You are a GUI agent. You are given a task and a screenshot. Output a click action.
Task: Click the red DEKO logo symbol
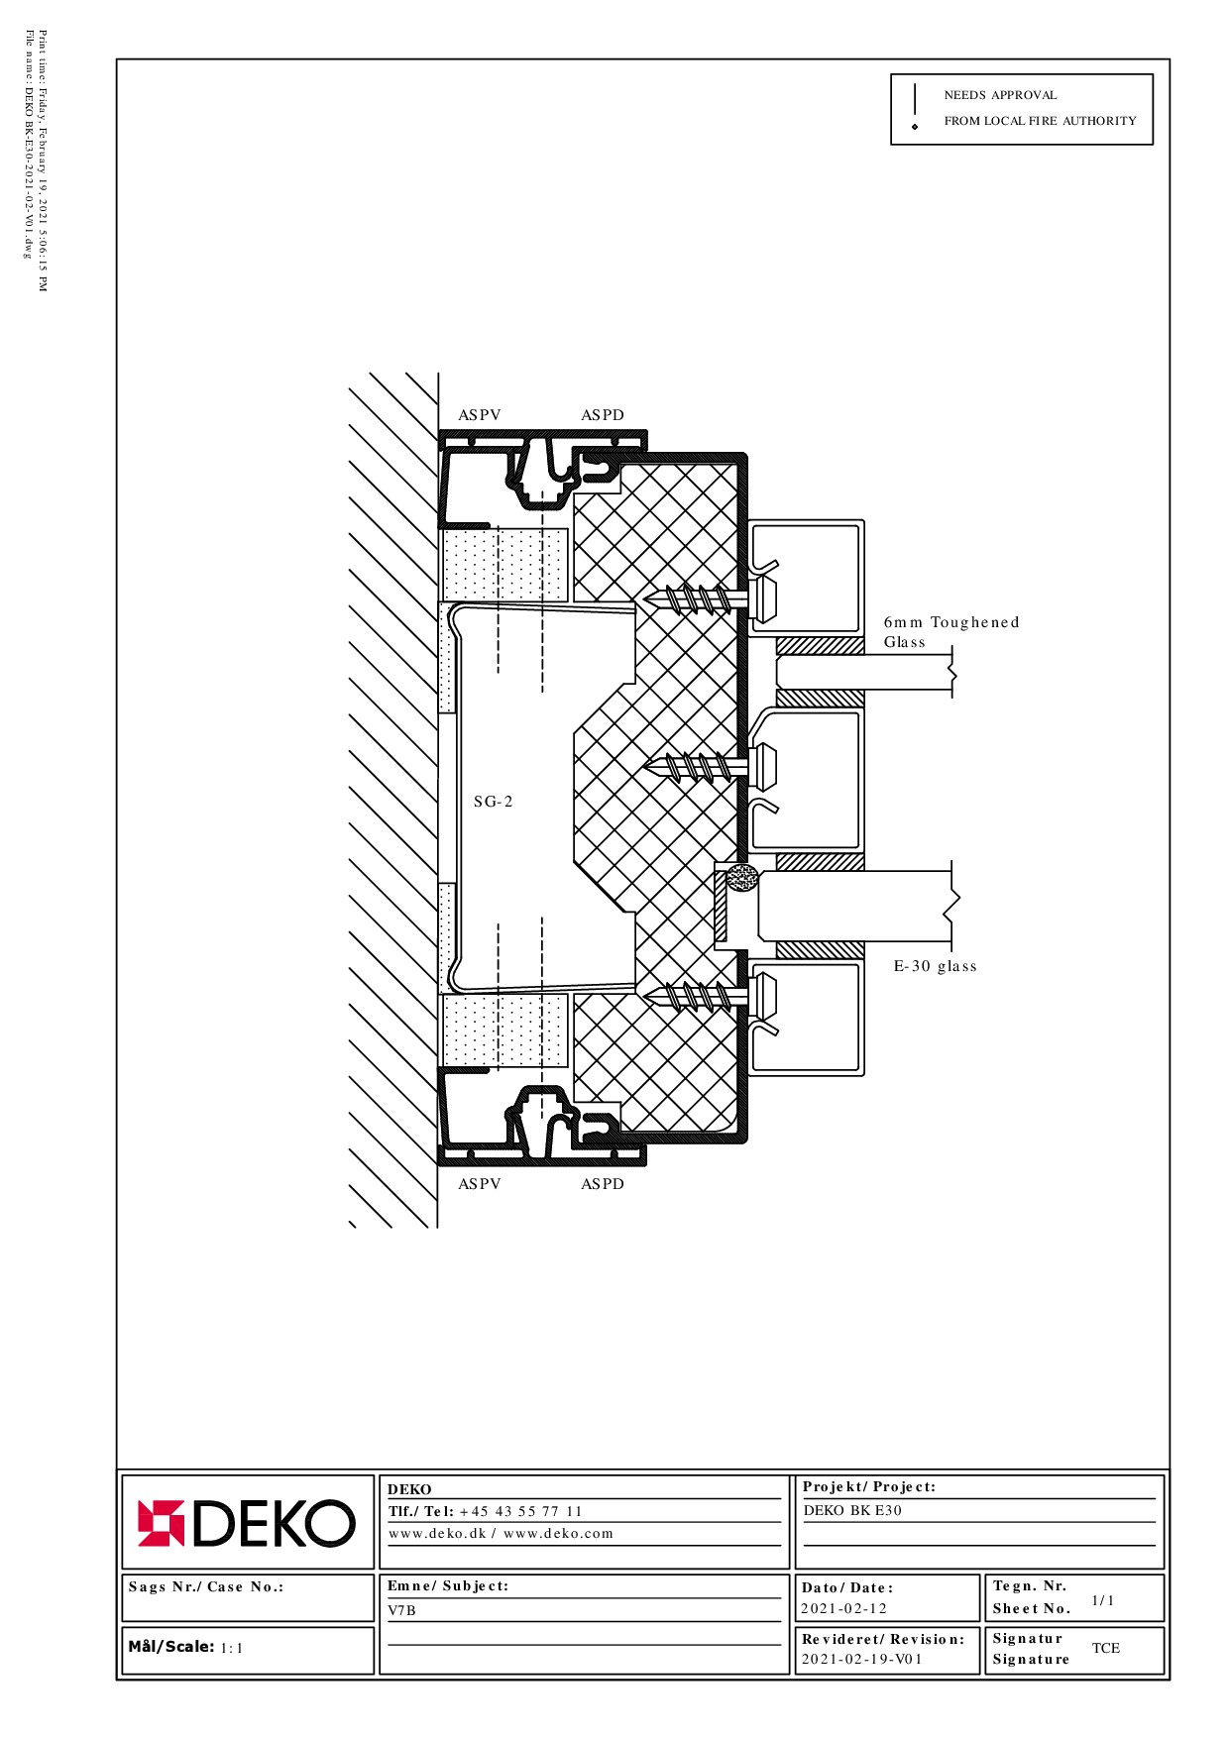[161, 1523]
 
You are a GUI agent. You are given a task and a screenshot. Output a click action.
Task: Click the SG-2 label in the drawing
[494, 802]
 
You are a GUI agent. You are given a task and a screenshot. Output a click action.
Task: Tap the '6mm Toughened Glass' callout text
[951, 632]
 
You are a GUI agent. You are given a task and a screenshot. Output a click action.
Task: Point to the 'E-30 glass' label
[936, 966]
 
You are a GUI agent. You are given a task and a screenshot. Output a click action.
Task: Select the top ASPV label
[480, 415]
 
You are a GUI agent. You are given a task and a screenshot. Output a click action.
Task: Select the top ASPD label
[603, 415]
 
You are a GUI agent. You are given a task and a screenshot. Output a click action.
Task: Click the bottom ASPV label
[480, 1184]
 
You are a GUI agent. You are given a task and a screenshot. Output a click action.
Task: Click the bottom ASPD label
[603, 1184]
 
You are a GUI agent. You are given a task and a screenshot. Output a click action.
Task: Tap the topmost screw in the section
[710, 598]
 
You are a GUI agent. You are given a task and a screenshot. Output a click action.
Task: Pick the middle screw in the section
[710, 766]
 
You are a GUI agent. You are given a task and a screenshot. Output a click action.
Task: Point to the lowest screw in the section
[710, 995]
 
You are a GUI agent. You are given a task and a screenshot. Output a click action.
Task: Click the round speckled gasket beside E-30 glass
[742, 878]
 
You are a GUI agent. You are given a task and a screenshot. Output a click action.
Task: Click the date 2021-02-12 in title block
[844, 1608]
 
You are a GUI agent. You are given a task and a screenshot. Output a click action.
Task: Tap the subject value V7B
[402, 1610]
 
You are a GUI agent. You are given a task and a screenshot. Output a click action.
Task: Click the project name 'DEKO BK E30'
[852, 1510]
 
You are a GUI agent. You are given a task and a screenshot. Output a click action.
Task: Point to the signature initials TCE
[1106, 1648]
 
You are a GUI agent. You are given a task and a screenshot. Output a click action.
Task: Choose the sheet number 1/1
[1103, 1600]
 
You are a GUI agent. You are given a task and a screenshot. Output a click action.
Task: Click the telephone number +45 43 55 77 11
[521, 1511]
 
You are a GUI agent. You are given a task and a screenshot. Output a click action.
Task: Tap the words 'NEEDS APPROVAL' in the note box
[1000, 95]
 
